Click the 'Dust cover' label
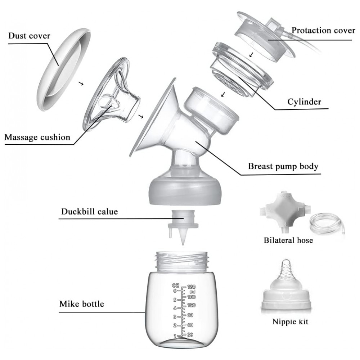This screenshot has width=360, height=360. click(x=29, y=36)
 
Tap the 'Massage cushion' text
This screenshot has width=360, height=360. click(x=37, y=137)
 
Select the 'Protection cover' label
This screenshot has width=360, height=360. click(x=323, y=30)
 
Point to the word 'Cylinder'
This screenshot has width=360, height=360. click(x=304, y=102)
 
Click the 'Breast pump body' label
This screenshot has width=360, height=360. click(x=283, y=166)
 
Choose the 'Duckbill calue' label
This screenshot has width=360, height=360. click(x=89, y=211)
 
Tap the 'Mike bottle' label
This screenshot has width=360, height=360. click(x=81, y=304)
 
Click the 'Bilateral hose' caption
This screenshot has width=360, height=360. click(x=288, y=240)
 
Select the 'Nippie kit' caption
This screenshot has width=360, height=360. click(x=290, y=321)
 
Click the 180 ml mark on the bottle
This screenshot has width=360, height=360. click(x=192, y=287)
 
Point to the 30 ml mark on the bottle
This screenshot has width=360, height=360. click(x=190, y=335)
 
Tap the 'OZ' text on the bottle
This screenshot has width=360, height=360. click(x=176, y=285)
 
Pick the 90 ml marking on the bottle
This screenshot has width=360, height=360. click(x=190, y=315)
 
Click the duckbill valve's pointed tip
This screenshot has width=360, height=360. click(x=183, y=245)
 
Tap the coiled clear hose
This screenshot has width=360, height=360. click(x=327, y=224)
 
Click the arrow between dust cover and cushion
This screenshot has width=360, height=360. click(x=81, y=84)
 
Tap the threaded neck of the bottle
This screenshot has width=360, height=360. click(x=183, y=261)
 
